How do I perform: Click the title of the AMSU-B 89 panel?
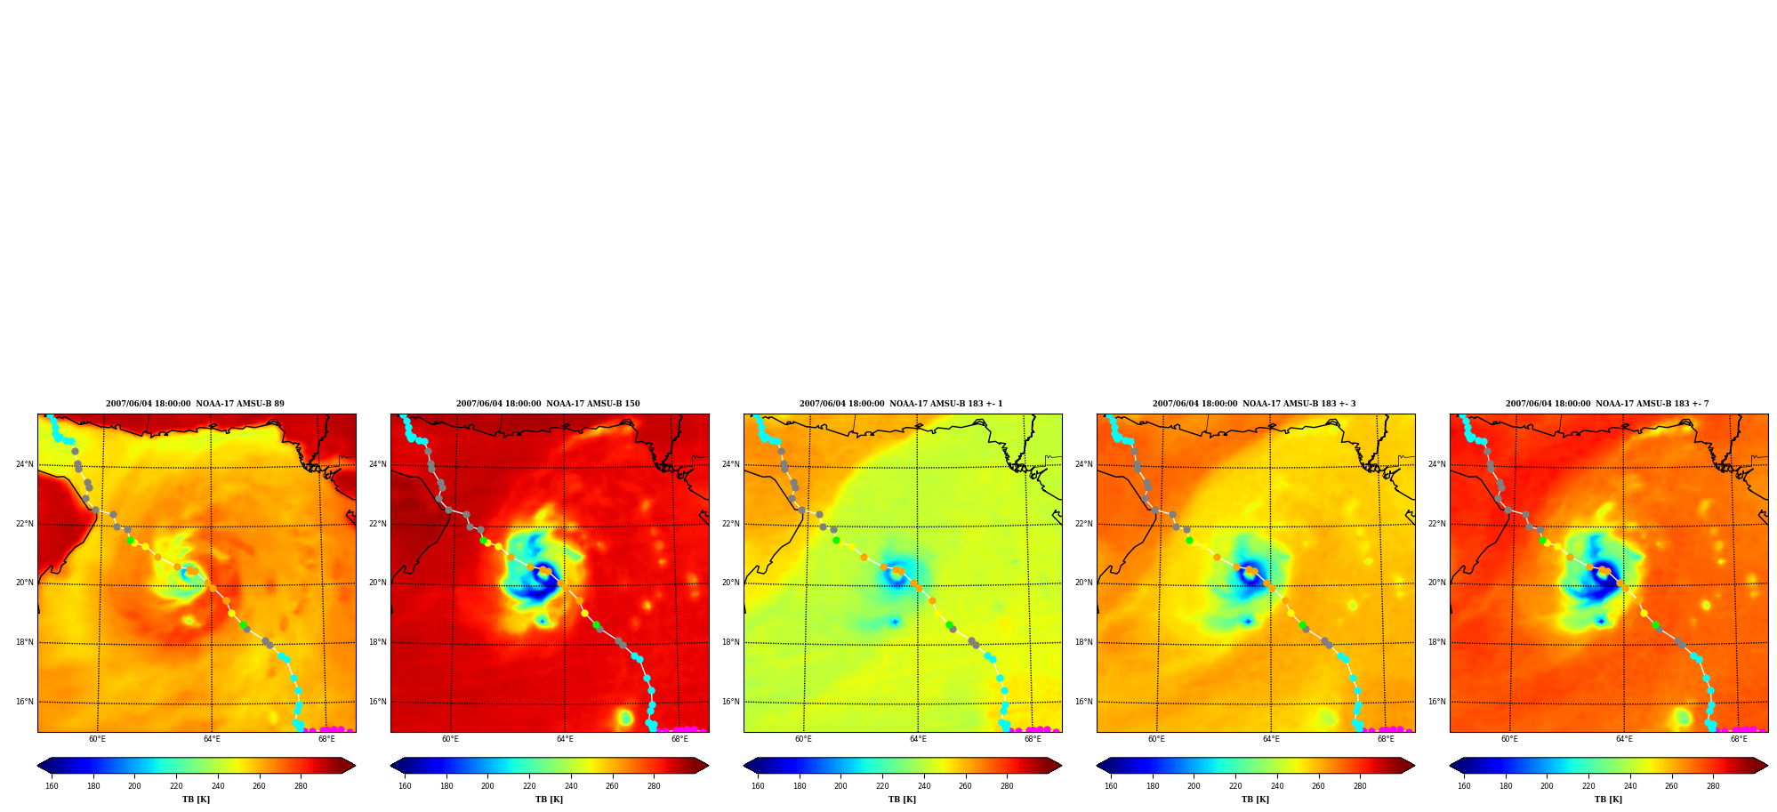[x=195, y=404]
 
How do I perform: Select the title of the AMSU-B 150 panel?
[x=548, y=404]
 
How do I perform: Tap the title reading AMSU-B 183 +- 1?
[x=901, y=404]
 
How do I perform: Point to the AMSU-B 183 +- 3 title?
[x=1254, y=404]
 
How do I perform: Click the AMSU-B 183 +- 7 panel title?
[x=1607, y=404]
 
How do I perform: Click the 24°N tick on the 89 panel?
[x=25, y=464]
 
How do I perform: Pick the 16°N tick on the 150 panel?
[x=378, y=702]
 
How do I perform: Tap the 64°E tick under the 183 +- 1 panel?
[x=918, y=739]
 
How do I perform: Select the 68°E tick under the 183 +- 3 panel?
[x=1386, y=739]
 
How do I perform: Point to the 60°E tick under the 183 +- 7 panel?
[x=1509, y=739]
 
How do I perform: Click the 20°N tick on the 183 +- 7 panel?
[x=1437, y=583]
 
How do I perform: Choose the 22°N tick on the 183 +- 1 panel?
[x=731, y=524]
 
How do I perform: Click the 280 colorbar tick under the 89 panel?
[x=301, y=786]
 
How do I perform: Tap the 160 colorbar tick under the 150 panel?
[x=405, y=786]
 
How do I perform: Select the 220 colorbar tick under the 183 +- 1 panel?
[x=882, y=786]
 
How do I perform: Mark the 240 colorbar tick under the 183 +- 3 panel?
[x=1277, y=786]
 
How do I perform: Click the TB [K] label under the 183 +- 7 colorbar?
[x=1608, y=800]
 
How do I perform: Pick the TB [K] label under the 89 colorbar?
[x=197, y=800]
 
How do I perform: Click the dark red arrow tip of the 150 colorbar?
[x=708, y=766]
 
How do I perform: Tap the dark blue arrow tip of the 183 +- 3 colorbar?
[x=1098, y=766]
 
